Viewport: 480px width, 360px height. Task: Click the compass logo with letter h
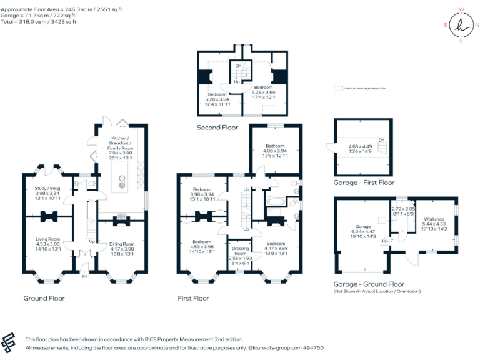(461, 25)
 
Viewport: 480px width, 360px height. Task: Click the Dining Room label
(122, 247)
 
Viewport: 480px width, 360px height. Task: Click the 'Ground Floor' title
(44, 298)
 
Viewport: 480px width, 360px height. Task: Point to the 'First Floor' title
(193, 298)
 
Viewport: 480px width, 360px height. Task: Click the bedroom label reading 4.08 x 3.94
(275, 149)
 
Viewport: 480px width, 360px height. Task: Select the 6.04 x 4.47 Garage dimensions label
(362, 231)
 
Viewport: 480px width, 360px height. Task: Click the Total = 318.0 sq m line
(39, 22)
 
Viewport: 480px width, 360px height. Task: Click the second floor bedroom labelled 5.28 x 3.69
(263, 92)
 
